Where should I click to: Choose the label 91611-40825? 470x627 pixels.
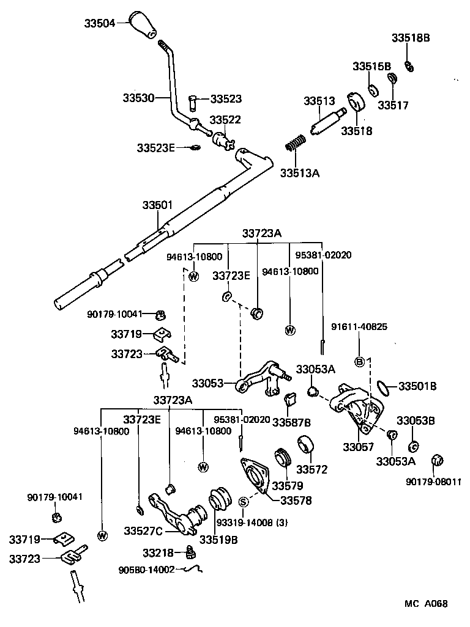[359, 326]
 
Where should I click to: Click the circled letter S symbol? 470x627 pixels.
[243, 502]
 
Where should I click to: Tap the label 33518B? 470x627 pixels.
[411, 38]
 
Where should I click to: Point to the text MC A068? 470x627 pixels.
[426, 604]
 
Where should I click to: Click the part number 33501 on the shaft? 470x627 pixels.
[158, 206]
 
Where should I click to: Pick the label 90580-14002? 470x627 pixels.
[147, 570]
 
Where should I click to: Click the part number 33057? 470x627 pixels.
[358, 447]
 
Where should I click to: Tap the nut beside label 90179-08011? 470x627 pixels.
[437, 461]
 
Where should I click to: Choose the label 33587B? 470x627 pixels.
[291, 422]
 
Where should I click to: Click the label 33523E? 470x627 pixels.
[155, 147]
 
